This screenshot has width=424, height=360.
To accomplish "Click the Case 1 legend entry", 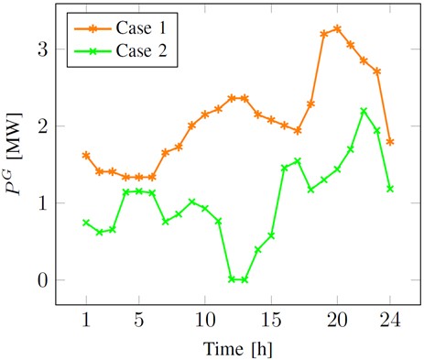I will click(134, 30).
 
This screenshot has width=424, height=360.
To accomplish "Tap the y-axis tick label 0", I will click(40, 280).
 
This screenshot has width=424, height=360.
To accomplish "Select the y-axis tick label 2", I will click(40, 126).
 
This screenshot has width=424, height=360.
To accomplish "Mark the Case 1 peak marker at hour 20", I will click(337, 28).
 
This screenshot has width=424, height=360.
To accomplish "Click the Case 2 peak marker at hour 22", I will click(364, 111).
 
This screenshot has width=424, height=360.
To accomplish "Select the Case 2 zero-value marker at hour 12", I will click(232, 279).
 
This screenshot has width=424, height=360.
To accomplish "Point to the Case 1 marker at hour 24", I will click(390, 142).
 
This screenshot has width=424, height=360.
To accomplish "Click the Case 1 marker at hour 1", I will click(86, 156).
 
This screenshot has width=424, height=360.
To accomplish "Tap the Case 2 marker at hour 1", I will click(86, 223).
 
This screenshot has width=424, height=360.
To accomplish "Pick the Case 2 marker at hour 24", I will click(390, 189).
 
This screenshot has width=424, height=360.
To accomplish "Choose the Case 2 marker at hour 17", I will click(298, 161).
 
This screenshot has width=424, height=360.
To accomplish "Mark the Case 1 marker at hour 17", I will click(298, 131).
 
